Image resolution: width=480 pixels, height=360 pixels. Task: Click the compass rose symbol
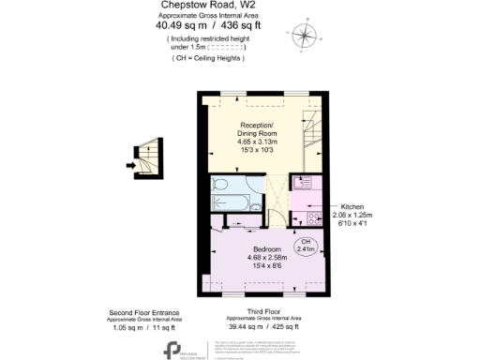[x=304, y=36]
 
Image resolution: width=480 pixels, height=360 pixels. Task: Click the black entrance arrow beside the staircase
[x=130, y=166]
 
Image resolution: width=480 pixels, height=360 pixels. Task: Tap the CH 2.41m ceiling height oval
[x=306, y=246]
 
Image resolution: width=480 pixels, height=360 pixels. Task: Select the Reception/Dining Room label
[x=257, y=129]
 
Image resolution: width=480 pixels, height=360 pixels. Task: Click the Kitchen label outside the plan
[x=346, y=205]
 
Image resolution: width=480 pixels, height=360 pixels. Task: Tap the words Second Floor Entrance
[x=143, y=312]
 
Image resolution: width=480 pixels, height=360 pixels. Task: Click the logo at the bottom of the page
[x=174, y=348]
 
